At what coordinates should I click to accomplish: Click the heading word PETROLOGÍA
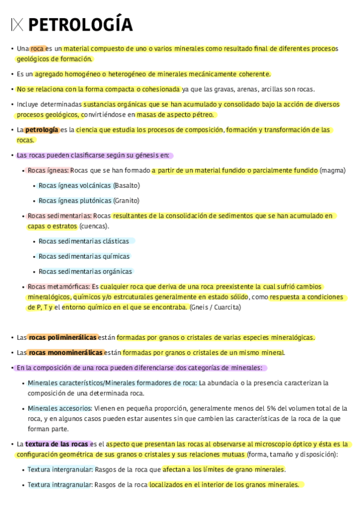click(80, 25)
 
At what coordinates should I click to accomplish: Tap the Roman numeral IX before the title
click(17, 25)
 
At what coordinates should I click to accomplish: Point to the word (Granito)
click(126, 200)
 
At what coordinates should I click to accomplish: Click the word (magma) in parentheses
click(332, 170)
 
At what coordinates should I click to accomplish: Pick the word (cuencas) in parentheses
click(93, 226)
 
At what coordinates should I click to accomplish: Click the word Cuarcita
click(228, 307)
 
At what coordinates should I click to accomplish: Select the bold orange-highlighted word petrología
click(41, 130)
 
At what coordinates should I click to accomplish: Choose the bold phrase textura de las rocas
click(56, 444)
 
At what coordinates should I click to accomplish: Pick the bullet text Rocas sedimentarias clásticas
click(84, 241)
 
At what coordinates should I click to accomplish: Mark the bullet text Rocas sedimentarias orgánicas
click(85, 271)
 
